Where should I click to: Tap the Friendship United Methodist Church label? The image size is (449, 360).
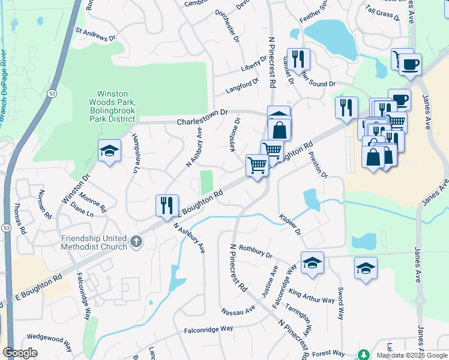pyautogui.click(x=94, y=242)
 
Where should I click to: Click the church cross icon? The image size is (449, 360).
pyautogui.click(x=136, y=242)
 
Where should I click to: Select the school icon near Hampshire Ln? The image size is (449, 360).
pyautogui.click(x=109, y=151)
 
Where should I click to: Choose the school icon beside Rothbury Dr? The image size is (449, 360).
pyautogui.click(x=312, y=263)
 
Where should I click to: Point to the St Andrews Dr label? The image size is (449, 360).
pyautogui.click(x=95, y=34)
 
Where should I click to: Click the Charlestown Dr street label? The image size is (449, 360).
pyautogui.click(x=203, y=117)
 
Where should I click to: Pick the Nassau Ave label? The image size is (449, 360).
pyautogui.click(x=238, y=311)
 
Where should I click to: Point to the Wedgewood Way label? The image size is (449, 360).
pyautogui.click(x=49, y=342)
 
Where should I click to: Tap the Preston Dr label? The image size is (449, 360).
pyautogui.click(x=318, y=164)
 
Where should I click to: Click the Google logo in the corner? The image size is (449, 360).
pyautogui.click(x=20, y=353)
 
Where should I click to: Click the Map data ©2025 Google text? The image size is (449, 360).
pyautogui.click(x=411, y=355)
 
